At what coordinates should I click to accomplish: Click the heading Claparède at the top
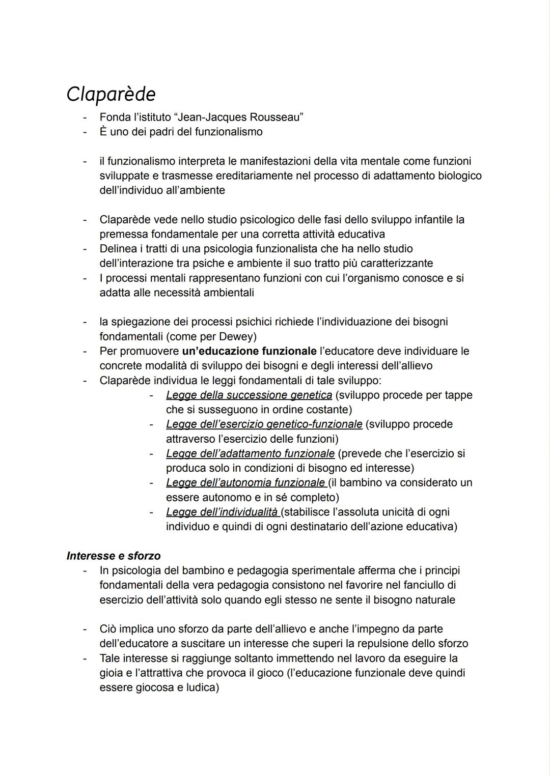(x=111, y=94)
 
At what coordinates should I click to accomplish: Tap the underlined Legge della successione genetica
(x=249, y=395)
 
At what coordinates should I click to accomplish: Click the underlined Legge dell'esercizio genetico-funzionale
(x=264, y=424)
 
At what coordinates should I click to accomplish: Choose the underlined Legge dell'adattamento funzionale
(x=250, y=453)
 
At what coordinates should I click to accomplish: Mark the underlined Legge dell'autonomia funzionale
(x=245, y=482)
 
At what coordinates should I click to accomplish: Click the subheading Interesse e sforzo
(x=114, y=556)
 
